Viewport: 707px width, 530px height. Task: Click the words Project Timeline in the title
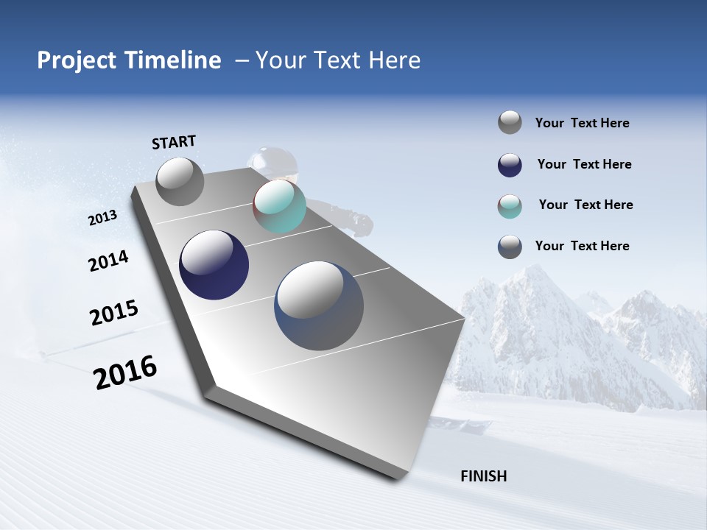pyautogui.click(x=129, y=60)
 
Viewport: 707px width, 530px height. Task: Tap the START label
pyautogui.click(x=174, y=142)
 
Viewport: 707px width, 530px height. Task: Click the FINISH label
pyautogui.click(x=483, y=476)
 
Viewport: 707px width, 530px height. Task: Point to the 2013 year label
pyautogui.click(x=103, y=218)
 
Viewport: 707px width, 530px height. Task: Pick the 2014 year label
pyautogui.click(x=109, y=261)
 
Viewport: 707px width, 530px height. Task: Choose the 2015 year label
pyautogui.click(x=114, y=312)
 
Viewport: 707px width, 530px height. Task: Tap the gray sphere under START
pyautogui.click(x=180, y=181)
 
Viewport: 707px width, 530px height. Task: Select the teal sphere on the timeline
pyautogui.click(x=279, y=206)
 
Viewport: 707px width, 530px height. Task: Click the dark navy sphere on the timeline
pyautogui.click(x=214, y=265)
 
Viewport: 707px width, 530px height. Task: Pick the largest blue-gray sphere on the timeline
pyautogui.click(x=319, y=305)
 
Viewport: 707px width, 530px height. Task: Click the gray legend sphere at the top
pyautogui.click(x=510, y=122)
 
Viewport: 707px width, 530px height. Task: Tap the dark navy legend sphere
pyautogui.click(x=510, y=165)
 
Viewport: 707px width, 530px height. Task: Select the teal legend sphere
pyautogui.click(x=510, y=206)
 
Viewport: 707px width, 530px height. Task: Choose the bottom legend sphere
pyautogui.click(x=510, y=247)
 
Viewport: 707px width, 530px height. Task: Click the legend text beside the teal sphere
pyautogui.click(x=585, y=205)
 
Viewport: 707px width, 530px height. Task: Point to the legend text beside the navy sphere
pyautogui.click(x=584, y=164)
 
